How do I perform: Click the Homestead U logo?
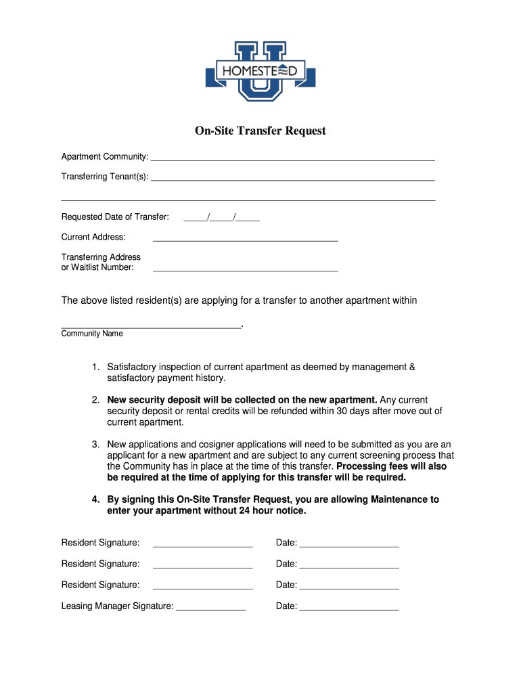[x=260, y=70]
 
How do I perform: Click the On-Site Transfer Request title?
[x=260, y=131]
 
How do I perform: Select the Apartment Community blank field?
[x=292, y=158]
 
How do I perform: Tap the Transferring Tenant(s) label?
[x=105, y=177]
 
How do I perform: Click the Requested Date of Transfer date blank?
[x=222, y=218]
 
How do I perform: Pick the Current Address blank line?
[x=245, y=238]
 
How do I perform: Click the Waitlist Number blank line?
[x=245, y=268]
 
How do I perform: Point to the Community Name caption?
[x=92, y=334]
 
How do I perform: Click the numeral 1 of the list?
[x=96, y=367]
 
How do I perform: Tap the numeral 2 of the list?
[x=96, y=400]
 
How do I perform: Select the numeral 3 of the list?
[x=96, y=445]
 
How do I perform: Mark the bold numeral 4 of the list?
[x=96, y=499]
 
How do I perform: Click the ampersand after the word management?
[x=413, y=367]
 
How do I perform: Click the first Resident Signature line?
[x=203, y=543]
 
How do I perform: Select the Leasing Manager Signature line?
[x=210, y=607]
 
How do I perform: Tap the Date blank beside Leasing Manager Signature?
[x=349, y=607]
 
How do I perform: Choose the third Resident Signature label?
[x=100, y=585]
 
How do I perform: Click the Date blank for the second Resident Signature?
[x=349, y=565]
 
